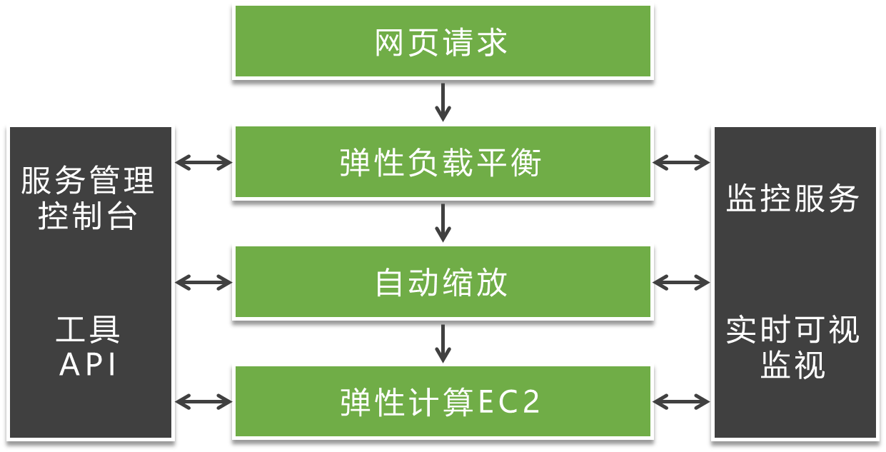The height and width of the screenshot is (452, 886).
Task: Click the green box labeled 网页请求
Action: (443, 41)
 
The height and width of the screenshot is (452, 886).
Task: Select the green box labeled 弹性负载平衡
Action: (443, 162)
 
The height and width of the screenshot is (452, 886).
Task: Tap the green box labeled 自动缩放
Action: (443, 282)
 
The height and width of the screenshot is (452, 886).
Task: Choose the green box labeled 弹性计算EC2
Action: (443, 402)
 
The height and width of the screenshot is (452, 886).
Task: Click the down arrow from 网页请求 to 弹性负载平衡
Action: (443, 101)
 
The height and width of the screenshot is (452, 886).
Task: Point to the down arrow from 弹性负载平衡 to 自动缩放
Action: (443, 222)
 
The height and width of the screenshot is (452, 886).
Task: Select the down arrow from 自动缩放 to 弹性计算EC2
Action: (443, 342)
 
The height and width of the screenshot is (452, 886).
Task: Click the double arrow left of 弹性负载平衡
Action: (203, 163)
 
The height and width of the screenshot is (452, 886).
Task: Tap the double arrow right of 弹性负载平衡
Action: (682, 163)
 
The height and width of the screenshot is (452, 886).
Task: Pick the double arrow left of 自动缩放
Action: (203, 283)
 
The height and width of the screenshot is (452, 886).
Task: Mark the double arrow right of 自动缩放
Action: (682, 283)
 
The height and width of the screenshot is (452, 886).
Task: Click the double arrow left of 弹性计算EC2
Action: (203, 402)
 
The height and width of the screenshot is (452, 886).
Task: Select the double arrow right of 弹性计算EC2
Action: (682, 402)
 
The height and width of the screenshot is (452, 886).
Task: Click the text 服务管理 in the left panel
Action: (88, 181)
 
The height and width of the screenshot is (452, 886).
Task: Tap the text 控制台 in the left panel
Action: (88, 216)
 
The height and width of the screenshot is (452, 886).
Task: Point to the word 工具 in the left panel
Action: (88, 330)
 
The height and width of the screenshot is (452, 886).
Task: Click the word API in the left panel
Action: (88, 365)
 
